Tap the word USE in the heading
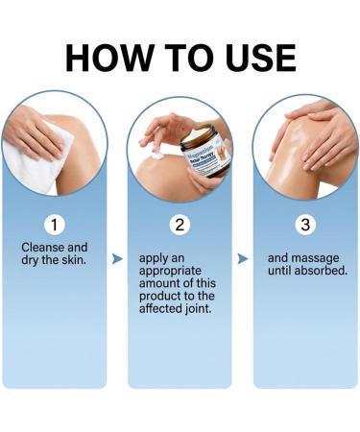pos(252,59)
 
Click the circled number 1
pos(55,226)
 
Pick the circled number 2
pos(180,226)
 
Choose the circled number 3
pos(303,226)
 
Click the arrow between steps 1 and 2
pos(117,258)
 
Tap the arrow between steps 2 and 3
pos(243,258)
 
